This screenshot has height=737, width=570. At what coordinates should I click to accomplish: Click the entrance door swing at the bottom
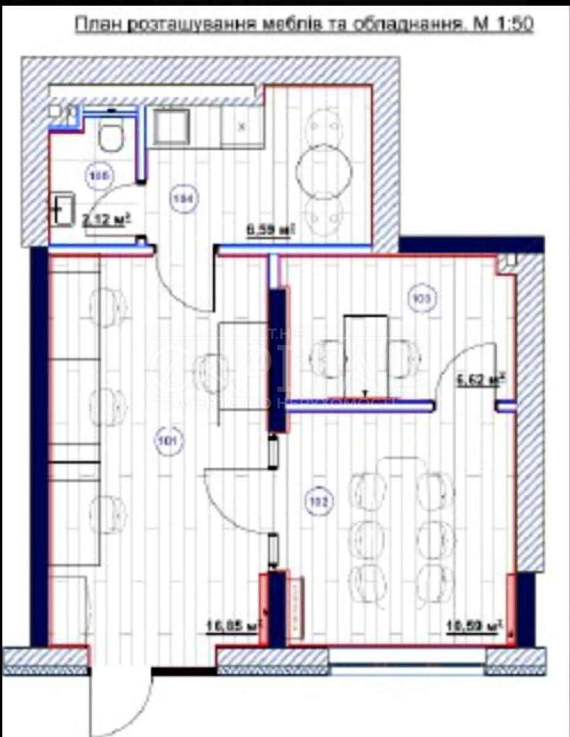[x=120, y=700]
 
